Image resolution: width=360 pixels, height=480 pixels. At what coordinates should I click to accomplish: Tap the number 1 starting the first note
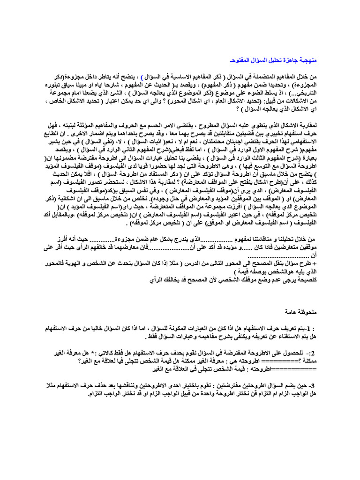309,328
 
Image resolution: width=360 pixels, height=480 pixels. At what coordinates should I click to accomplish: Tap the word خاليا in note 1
86,328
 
